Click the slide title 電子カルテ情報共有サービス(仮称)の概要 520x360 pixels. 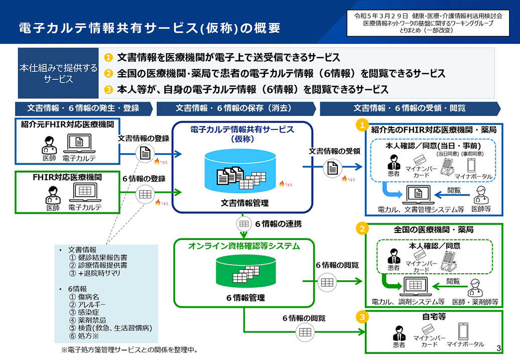pyautogui.click(x=150, y=28)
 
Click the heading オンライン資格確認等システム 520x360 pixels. pyautogui.click(x=244, y=246)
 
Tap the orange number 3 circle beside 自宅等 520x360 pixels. pyautogui.click(x=361, y=317)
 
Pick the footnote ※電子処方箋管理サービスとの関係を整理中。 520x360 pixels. pyautogui.click(x=129, y=349)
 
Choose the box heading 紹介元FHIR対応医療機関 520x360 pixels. pyautogui.click(x=67, y=124)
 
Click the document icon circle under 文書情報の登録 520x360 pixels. pyautogui.click(x=145, y=153)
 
